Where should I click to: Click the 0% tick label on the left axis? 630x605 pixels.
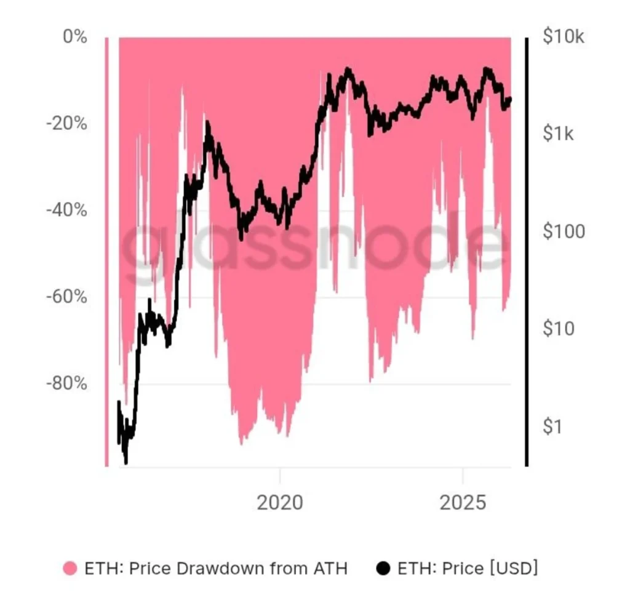(75, 37)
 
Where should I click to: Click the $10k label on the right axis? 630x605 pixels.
(564, 37)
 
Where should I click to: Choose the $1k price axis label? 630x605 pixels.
(559, 134)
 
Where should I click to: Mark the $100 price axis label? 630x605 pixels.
(564, 231)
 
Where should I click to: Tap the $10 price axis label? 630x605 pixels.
(559, 329)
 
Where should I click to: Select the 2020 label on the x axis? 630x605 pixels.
(280, 503)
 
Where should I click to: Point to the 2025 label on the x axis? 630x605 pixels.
(463, 503)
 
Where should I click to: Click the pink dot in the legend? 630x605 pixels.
(71, 569)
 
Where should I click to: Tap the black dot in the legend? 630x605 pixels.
(384, 569)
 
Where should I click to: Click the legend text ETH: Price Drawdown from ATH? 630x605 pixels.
(216, 569)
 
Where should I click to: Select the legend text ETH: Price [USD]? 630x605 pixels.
(468, 569)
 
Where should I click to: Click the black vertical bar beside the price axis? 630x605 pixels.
(527, 252)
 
